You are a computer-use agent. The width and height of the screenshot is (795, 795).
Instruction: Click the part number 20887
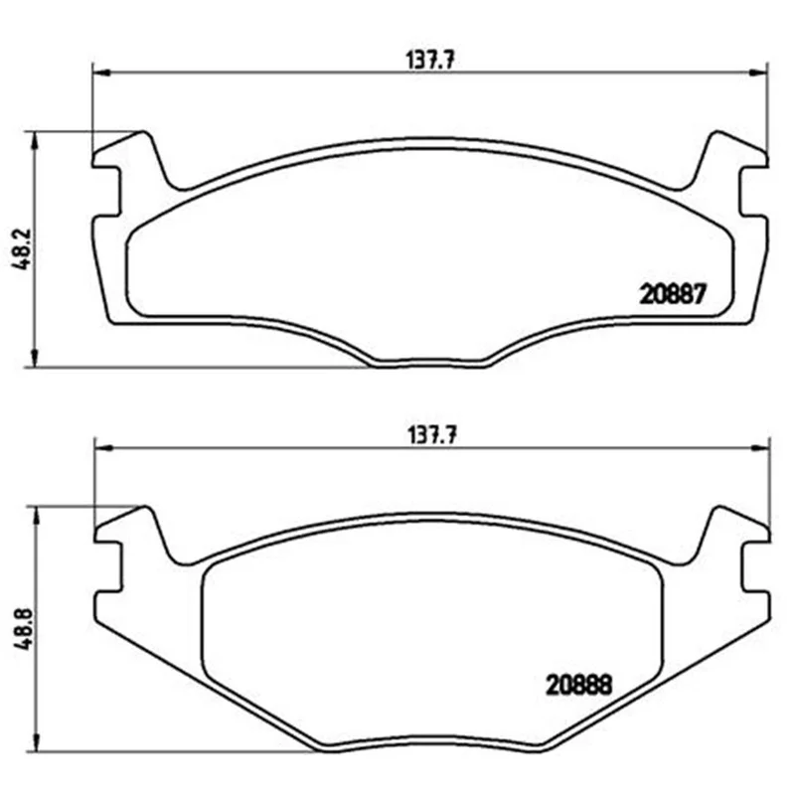673,293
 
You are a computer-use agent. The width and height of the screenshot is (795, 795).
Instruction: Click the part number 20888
579,685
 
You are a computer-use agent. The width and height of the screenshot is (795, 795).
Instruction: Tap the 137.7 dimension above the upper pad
430,61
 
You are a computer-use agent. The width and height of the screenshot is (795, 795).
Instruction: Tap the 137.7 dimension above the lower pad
432,435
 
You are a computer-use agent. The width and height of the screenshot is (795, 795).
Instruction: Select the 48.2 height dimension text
23,249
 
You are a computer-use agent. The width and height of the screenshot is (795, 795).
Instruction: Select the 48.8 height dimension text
24,629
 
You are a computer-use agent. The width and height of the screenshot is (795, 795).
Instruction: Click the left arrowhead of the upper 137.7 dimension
101,73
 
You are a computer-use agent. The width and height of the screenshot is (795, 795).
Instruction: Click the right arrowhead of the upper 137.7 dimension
759,73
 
